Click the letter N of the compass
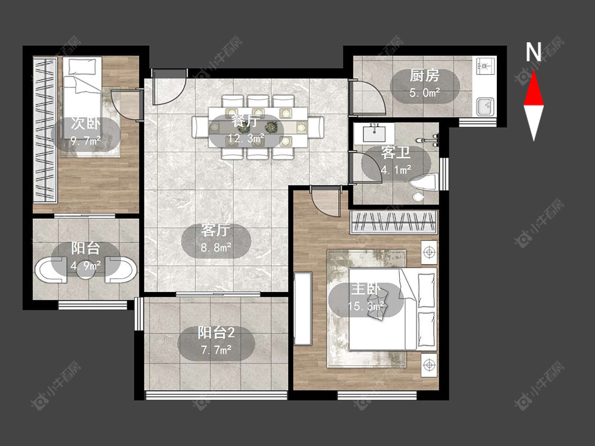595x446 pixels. [x=533, y=52]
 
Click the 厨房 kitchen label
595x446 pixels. [x=424, y=76]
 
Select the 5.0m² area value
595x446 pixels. [x=425, y=92]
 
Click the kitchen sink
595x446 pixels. [x=486, y=106]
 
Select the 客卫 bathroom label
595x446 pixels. [x=396, y=153]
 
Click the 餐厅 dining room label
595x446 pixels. [x=246, y=121]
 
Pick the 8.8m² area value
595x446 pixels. [x=216, y=247]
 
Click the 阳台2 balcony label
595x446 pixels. [x=217, y=332]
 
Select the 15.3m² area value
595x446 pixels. [x=366, y=306]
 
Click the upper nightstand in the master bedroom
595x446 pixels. [x=429, y=252]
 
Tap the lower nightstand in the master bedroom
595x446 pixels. [x=429, y=365]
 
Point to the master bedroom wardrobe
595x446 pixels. [x=393, y=222]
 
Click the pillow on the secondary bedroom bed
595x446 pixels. [x=82, y=67]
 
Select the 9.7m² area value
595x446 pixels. [x=86, y=142]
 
